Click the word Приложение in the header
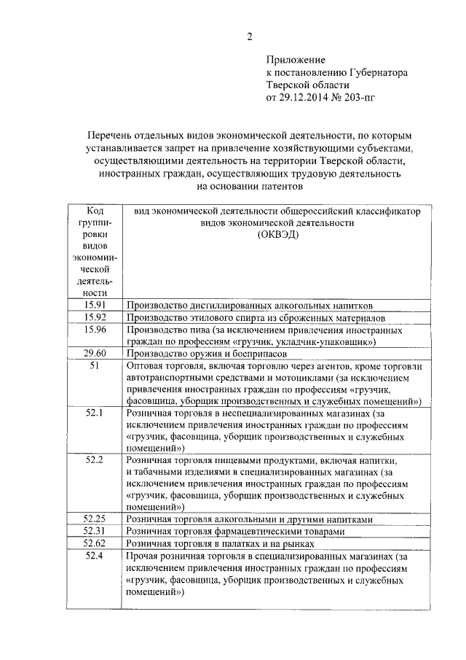click(x=296, y=60)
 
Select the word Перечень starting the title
click(x=108, y=136)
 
